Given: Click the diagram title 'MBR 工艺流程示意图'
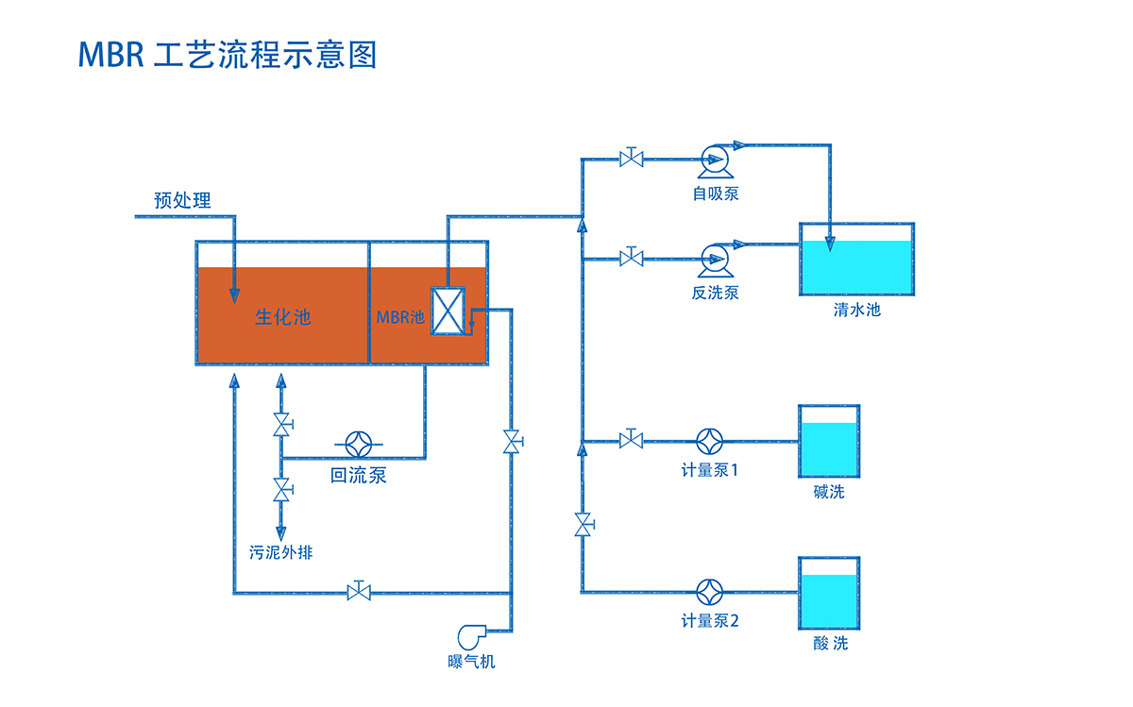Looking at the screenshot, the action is pos(228,55).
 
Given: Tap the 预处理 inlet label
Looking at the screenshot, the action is pos(182,200).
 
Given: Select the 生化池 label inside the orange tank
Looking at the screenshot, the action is pos(282,317).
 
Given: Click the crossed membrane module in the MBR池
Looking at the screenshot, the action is pos(448,311).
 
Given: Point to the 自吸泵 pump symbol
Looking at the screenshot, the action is pos(716,161).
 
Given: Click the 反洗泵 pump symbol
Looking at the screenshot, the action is pos(716,261).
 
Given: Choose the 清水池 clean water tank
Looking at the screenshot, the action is pos(857,259).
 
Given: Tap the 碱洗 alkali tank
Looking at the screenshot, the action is pos(829,441).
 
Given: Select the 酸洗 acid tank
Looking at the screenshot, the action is pos(829,593).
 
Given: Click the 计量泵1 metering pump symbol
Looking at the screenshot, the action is pos(710,442).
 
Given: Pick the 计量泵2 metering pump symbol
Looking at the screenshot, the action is pos(710,592).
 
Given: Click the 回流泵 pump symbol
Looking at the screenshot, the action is pos(359,445).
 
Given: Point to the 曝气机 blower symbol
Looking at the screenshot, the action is pos(471,637).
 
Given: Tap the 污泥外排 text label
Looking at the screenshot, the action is pos(280,552).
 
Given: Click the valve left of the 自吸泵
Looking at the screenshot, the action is pos(632,158).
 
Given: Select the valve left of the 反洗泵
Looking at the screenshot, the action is pos(632,258).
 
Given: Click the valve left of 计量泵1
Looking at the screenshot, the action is pos(632,439).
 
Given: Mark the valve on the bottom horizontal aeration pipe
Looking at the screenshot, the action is pos(359,591).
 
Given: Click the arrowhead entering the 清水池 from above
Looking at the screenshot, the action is pos(830,244).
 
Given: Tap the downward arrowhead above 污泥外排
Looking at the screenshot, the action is pos(281,533).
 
